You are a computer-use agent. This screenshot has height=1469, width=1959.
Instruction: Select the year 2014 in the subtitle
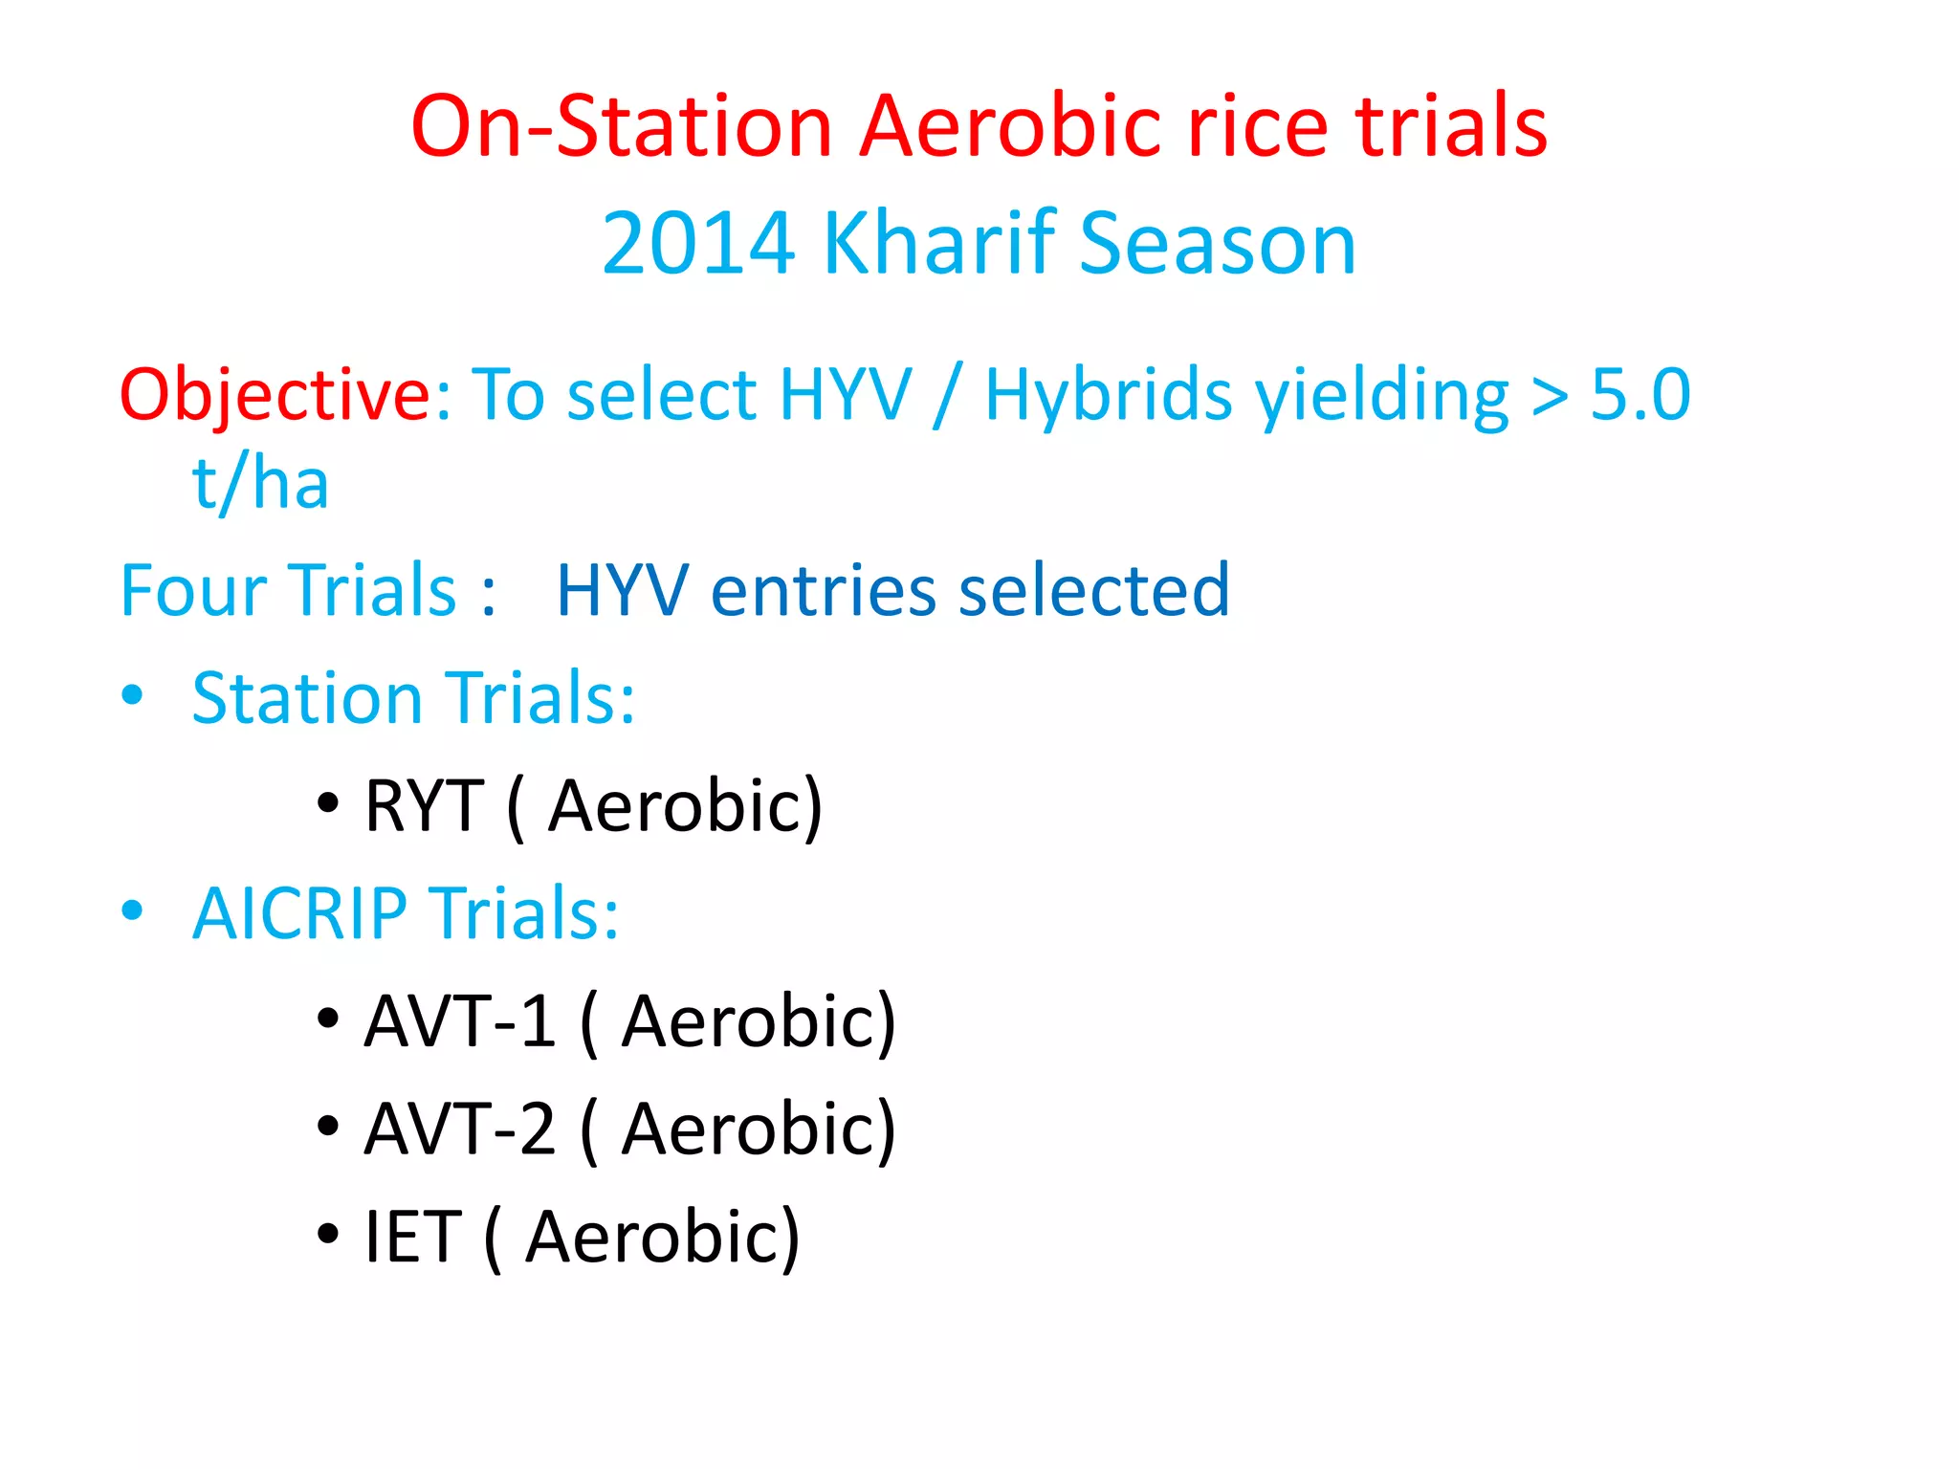(698, 244)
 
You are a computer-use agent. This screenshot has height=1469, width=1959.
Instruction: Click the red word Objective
(275, 395)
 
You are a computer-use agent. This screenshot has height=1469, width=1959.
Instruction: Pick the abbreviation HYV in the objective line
(846, 395)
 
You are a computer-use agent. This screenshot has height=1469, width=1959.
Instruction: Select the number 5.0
(1640, 395)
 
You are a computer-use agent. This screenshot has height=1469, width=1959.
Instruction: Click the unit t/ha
(260, 483)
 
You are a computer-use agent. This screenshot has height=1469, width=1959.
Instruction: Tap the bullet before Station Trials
(133, 695)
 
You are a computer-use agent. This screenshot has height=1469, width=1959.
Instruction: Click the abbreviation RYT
(424, 806)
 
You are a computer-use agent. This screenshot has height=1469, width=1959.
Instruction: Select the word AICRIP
(299, 913)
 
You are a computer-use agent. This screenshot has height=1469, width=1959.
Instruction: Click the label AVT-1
(460, 1021)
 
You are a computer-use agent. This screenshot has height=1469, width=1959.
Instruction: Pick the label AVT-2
(460, 1129)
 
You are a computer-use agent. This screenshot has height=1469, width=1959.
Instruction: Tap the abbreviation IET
(413, 1237)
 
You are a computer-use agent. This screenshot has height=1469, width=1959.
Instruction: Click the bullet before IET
(328, 1234)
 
